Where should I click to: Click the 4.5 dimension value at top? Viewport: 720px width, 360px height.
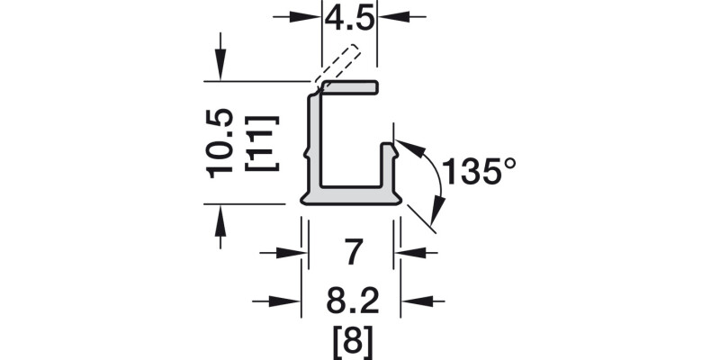(x=349, y=17)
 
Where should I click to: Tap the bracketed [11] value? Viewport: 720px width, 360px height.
(x=261, y=143)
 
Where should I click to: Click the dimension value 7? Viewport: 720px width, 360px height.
(x=353, y=253)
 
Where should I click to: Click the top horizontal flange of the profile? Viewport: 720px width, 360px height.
(x=349, y=87)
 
